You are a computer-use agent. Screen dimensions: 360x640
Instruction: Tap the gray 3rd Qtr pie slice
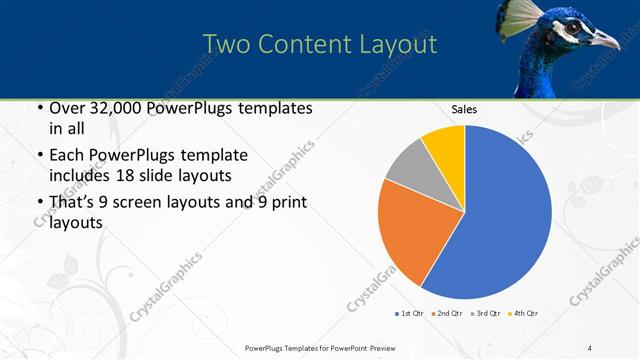410,168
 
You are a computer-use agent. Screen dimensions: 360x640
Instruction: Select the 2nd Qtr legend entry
447,314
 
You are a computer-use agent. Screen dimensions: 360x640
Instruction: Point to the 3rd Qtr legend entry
486,314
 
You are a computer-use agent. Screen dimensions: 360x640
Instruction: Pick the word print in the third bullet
284,202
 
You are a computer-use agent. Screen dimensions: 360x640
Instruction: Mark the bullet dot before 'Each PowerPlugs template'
39,156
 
